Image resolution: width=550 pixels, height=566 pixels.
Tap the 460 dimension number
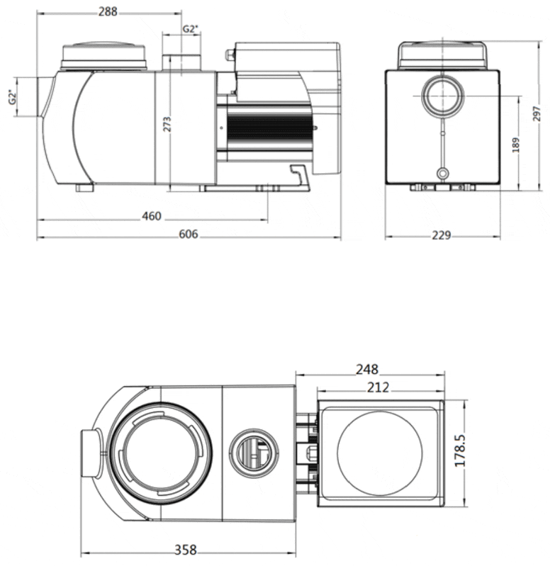pyautogui.click(x=152, y=215)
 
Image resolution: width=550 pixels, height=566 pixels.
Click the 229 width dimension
pyautogui.click(x=441, y=235)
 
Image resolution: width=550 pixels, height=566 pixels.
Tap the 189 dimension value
pyautogui.click(x=517, y=144)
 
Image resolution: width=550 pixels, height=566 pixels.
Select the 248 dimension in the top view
pyautogui.click(x=368, y=369)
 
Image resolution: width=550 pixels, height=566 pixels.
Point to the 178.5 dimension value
pyautogui.click(x=461, y=450)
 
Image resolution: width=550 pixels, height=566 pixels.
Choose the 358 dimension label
pyautogui.click(x=186, y=550)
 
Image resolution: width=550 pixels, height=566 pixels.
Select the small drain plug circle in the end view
pyautogui.click(x=443, y=172)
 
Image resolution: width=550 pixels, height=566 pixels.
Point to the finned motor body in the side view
pyautogui.click(x=269, y=131)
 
